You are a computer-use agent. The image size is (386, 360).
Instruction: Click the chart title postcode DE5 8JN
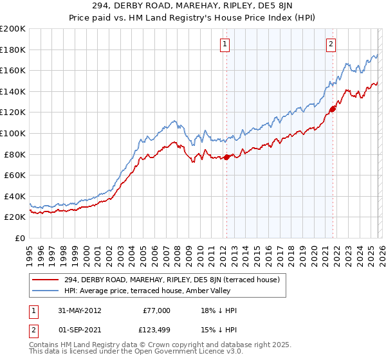[280, 6]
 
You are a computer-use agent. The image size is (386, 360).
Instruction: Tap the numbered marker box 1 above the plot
[225, 44]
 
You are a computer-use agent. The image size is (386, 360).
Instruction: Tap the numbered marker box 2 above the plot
[331, 44]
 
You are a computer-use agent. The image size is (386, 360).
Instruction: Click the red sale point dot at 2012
[226, 157]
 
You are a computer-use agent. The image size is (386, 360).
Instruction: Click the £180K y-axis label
[14, 50]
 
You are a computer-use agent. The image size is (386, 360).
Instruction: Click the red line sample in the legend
[45, 280]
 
